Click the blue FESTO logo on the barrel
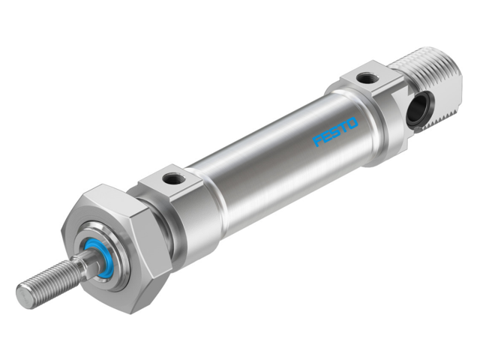[x=335, y=130]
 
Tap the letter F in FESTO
[x=317, y=140]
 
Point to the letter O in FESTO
[x=352, y=121]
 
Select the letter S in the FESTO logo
[x=335, y=130]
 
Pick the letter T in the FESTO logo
[x=344, y=126]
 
